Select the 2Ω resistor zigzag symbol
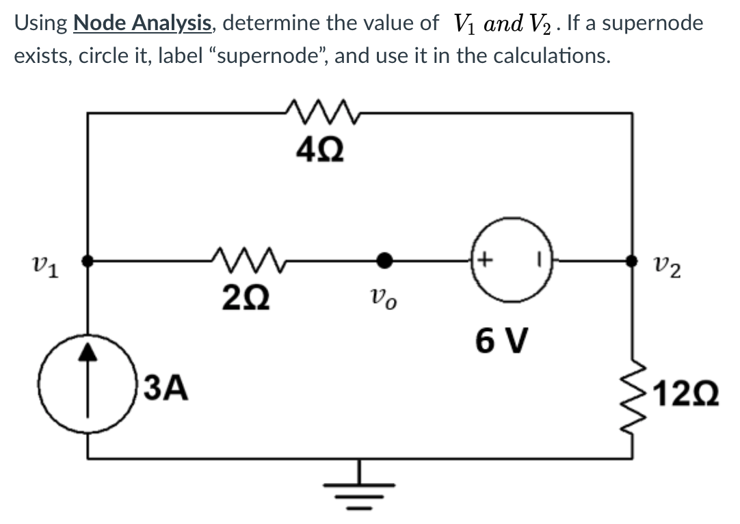pos(244,259)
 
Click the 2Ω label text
pos(245,296)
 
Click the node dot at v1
pos(87,261)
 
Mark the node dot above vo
pos(386,260)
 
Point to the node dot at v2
pos(631,260)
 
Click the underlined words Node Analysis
pos(143,23)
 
